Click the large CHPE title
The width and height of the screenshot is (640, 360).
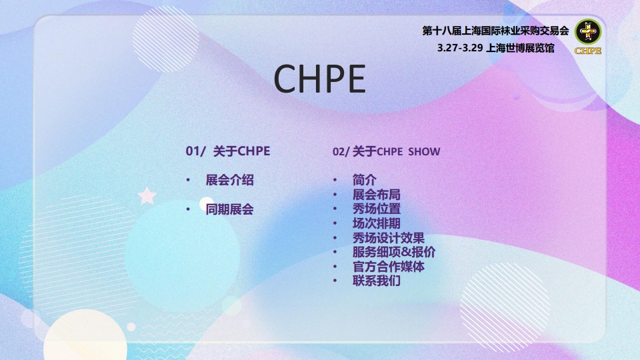point(320,79)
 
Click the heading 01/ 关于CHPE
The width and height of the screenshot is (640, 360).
point(227,151)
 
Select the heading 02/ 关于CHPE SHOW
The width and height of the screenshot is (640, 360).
point(386,151)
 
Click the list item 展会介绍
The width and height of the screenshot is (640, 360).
point(229,180)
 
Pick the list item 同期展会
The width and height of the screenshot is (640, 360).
point(229,209)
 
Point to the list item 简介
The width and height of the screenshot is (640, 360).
point(365,180)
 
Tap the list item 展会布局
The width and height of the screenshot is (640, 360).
point(377,195)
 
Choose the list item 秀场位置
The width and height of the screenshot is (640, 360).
point(377,209)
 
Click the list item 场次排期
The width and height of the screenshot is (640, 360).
point(377,223)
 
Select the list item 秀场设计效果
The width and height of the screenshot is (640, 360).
point(389,238)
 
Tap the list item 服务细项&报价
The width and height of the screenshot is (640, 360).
point(394,252)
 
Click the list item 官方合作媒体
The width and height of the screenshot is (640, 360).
point(389,267)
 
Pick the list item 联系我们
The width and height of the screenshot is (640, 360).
point(377,281)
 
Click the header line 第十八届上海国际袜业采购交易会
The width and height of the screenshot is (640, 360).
point(495,31)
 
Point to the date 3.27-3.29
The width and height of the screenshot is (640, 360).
point(461,48)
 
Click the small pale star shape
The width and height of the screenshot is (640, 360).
point(147,196)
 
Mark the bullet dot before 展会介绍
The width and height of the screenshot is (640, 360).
point(189,181)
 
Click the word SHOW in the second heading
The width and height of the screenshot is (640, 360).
point(424,151)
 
